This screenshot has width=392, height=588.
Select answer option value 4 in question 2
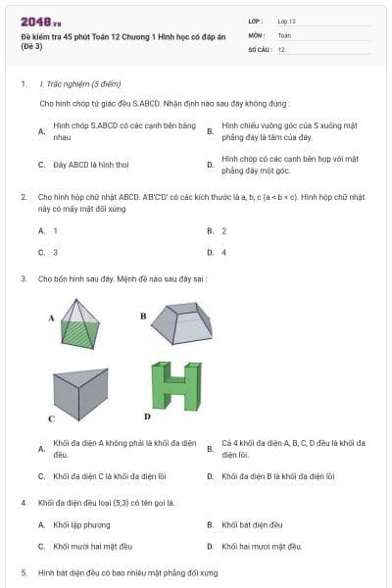[x=224, y=252]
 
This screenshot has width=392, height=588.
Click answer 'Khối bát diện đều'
[x=252, y=524]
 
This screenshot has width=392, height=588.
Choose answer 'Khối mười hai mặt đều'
[x=92, y=546]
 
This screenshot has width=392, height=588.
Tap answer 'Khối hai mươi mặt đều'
[x=262, y=546]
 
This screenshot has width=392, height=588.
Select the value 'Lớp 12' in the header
[x=286, y=21]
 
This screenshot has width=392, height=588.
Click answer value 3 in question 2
[x=55, y=252]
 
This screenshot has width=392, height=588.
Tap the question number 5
[x=23, y=571]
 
